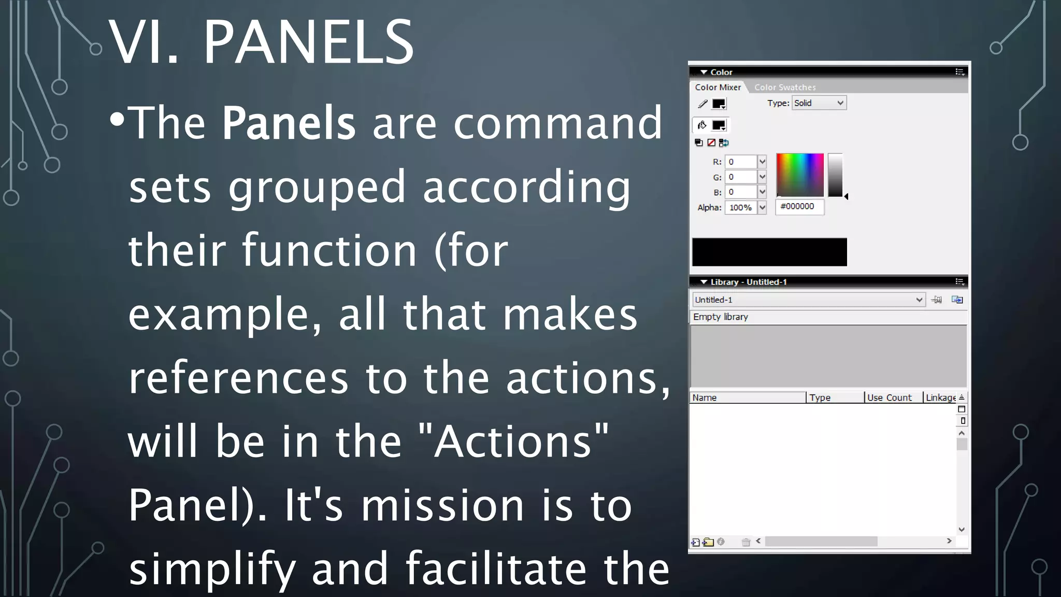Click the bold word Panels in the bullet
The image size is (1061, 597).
(289, 123)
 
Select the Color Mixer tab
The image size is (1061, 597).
(718, 87)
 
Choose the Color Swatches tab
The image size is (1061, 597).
(784, 87)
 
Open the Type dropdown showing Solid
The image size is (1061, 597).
(819, 103)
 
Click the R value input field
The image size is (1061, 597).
(741, 162)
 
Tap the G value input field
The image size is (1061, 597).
(741, 177)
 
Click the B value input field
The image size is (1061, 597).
(741, 192)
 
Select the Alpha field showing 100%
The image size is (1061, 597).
(741, 207)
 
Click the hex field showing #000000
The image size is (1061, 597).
(799, 207)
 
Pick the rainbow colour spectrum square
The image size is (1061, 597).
(799, 175)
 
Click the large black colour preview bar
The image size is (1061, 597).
(769, 252)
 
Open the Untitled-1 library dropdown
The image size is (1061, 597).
(808, 300)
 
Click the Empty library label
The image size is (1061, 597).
(721, 317)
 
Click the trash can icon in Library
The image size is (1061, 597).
(745, 542)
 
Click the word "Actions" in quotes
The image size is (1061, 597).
(513, 442)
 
